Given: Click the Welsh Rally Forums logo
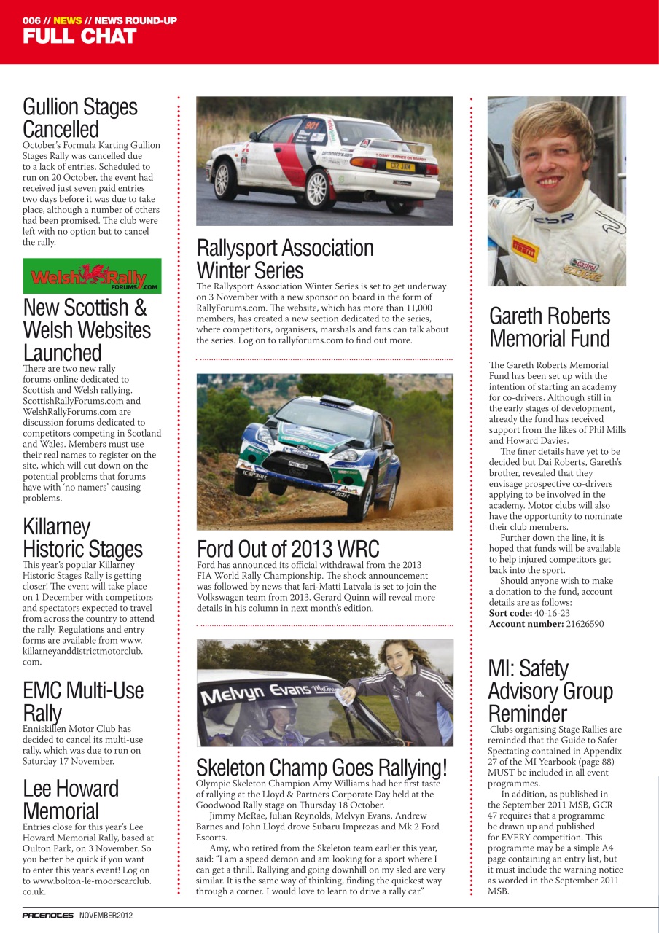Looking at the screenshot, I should click(92, 276).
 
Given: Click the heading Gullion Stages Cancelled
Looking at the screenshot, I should click(80, 118).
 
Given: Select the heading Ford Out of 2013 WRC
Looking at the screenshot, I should click(288, 549).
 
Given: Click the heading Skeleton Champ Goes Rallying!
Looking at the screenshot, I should click(321, 768).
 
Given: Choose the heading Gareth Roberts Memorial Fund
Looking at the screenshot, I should click(550, 327).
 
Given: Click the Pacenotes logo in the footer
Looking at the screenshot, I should click(48, 915).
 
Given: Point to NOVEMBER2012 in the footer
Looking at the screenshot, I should click(106, 915).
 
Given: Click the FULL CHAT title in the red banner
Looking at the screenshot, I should click(79, 36).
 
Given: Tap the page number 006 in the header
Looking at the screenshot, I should click(32, 20).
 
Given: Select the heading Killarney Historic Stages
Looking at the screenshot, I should click(83, 537).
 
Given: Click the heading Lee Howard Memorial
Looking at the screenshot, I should click(71, 799).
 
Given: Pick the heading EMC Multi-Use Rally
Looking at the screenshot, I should click(83, 701).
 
